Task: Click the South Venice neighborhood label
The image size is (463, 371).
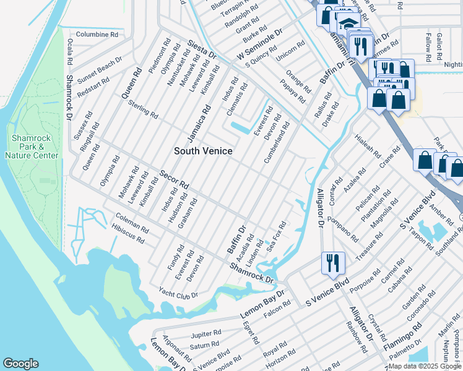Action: tap(203, 151)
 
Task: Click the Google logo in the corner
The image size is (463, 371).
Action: tap(20, 364)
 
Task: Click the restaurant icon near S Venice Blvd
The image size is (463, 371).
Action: tap(332, 263)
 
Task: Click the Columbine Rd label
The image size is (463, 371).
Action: tap(97, 35)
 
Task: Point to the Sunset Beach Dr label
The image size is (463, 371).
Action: tap(100, 67)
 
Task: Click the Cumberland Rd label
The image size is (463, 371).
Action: tap(277, 142)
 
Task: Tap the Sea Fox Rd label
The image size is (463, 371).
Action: tap(276, 237)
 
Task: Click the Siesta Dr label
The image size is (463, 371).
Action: tap(201, 49)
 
